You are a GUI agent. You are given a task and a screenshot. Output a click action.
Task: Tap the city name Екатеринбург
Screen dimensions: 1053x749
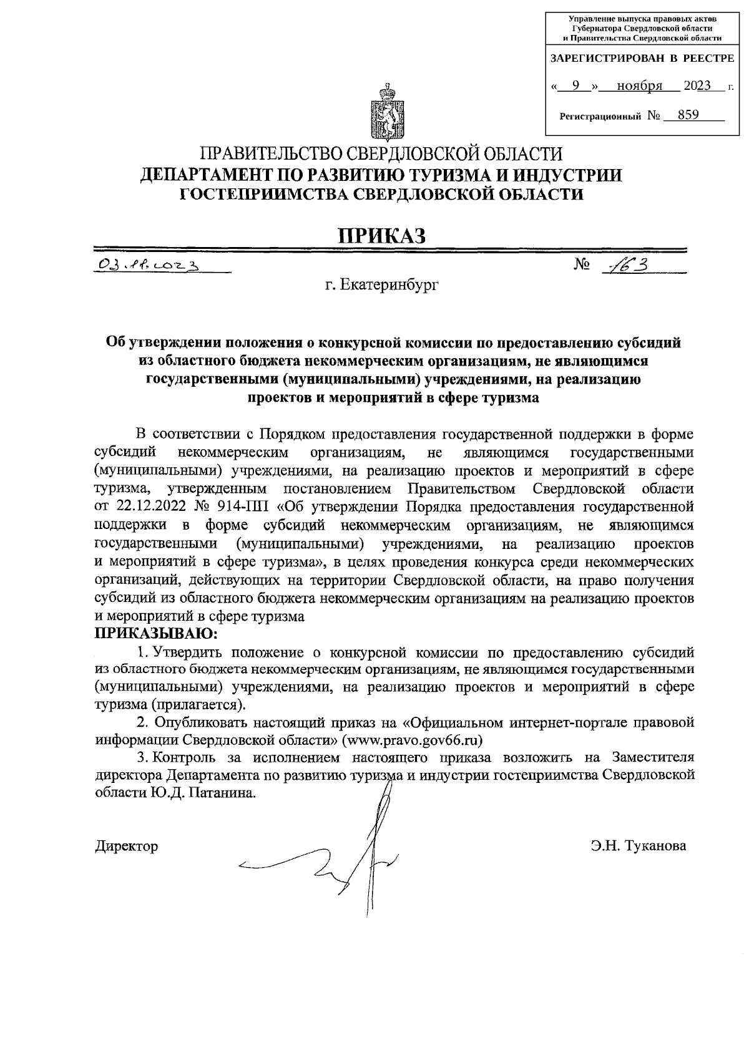pyautogui.click(x=382, y=286)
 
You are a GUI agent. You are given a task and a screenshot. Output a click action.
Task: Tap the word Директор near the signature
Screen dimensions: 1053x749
pyautogui.click(x=126, y=847)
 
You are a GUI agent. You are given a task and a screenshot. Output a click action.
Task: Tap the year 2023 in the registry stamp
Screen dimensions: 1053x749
pyautogui.click(x=697, y=86)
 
